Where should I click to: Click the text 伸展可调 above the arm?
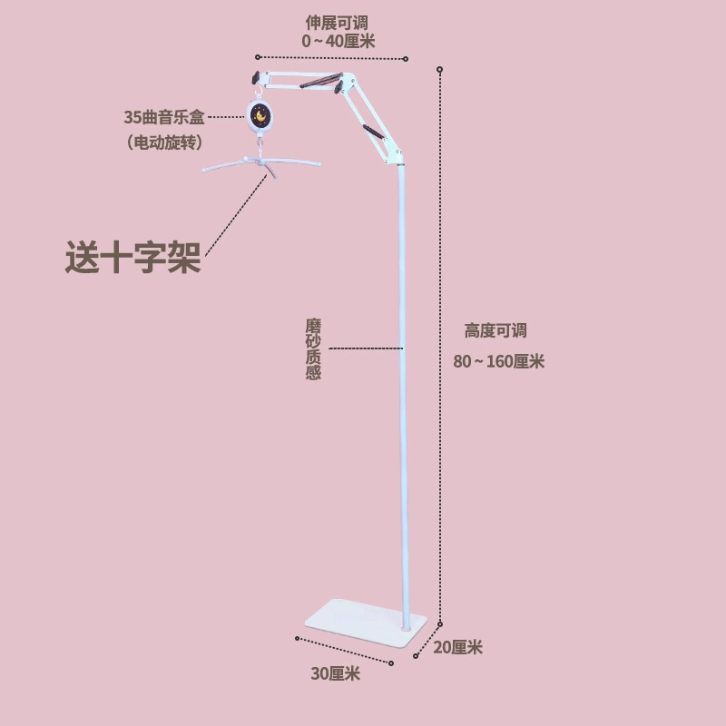coord(337,23)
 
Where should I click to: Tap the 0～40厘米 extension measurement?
coord(338,41)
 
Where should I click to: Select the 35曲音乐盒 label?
coord(164,117)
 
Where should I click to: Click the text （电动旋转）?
coord(164,142)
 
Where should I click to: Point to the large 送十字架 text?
coord(133,257)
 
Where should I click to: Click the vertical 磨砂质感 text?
coord(313,349)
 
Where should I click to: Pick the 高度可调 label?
coord(495,330)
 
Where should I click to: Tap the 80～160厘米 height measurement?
coord(498,361)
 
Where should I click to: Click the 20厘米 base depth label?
coord(457,647)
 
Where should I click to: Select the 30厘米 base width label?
coord(335,673)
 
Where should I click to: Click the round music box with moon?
coord(259,115)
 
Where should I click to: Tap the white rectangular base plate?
coord(366,623)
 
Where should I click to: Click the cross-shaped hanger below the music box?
coord(262,164)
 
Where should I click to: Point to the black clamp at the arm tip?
coord(256,77)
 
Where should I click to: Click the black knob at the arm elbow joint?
coord(338,86)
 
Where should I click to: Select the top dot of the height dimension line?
coord(440,70)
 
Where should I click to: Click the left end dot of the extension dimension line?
coord(258,57)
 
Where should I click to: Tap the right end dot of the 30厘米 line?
coord(391,663)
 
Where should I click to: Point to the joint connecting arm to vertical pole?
coord(395,156)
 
